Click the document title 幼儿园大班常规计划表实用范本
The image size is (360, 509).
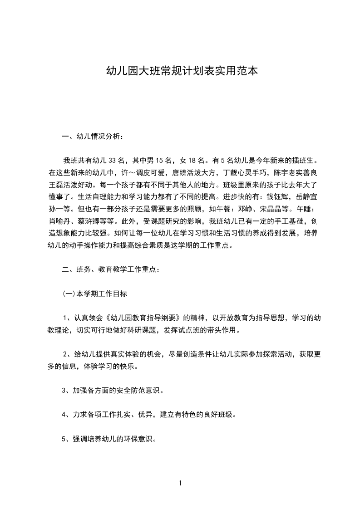(182, 71)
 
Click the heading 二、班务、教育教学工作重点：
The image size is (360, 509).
(111, 269)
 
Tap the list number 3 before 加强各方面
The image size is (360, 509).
(64, 391)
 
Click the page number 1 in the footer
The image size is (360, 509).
(180, 483)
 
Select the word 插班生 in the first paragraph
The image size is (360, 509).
(300, 160)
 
